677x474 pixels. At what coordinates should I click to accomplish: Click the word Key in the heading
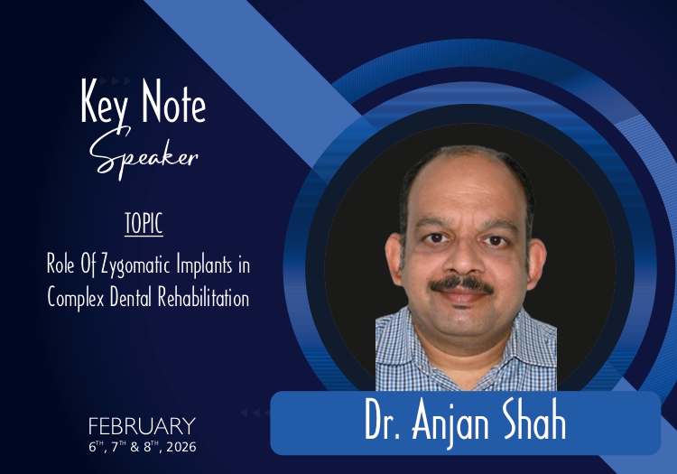tap(104, 103)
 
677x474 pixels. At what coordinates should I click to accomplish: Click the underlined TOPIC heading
tap(144, 224)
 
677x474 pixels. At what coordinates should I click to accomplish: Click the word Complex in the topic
tap(76, 298)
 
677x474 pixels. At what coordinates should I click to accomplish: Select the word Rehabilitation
tap(203, 297)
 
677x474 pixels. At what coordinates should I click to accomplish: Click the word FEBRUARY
tap(142, 426)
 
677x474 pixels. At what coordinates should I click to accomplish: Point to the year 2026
tap(181, 447)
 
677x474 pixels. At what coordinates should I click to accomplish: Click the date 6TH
tap(97, 446)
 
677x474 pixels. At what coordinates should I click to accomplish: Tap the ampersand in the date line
tap(134, 447)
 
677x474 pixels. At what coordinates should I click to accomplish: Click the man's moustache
tap(462, 284)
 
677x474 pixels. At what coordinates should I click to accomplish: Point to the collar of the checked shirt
tap(464, 328)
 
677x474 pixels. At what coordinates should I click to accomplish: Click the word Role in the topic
tap(60, 265)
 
